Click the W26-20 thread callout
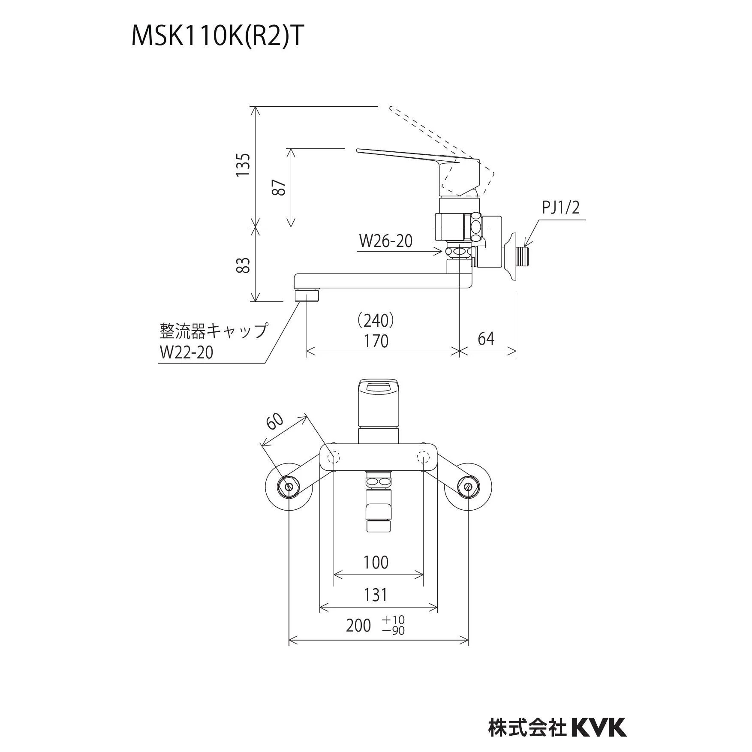(x=385, y=241)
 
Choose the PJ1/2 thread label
(x=561, y=208)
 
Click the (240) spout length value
(x=376, y=320)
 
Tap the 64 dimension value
(x=486, y=339)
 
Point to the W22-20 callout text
(x=186, y=352)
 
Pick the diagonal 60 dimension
(x=275, y=421)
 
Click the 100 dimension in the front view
(x=376, y=562)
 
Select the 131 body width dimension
(x=376, y=595)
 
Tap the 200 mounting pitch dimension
(x=358, y=626)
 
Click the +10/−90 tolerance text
(x=394, y=626)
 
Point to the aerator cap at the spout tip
(x=307, y=295)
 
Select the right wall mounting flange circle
(x=468, y=487)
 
